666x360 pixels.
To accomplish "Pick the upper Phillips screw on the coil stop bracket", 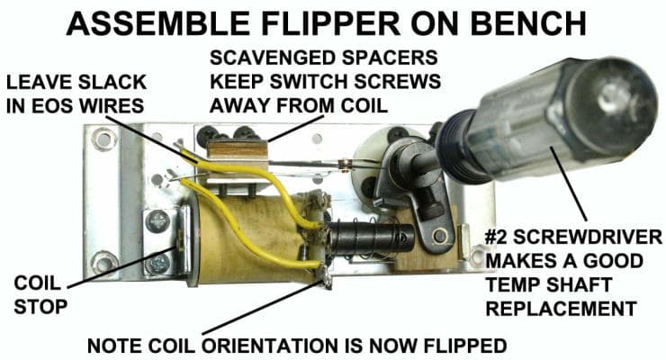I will (160, 219).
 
